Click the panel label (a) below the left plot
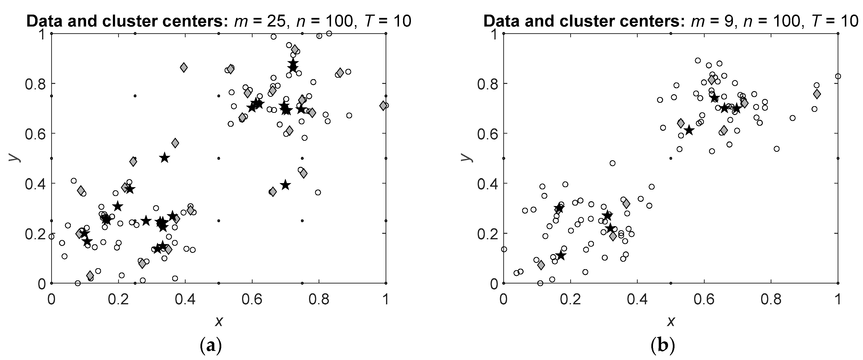pos(210,346)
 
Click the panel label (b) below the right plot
pos(662,346)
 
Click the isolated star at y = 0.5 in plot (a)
pos(164,158)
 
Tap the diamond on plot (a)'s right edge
pos(383,105)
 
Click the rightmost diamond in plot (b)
pos(817,94)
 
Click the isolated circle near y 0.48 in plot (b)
pos(612,163)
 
